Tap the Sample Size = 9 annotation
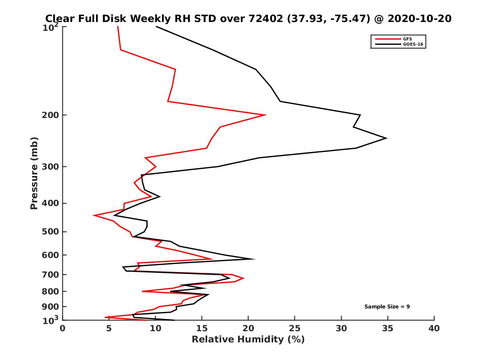point(387,307)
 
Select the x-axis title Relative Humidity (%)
point(248,340)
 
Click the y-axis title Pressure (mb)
point(34,173)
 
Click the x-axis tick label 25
point(295,328)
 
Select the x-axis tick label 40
point(434,328)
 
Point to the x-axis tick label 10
point(156,328)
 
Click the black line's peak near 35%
point(386,138)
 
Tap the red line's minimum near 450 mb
point(94,215)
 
